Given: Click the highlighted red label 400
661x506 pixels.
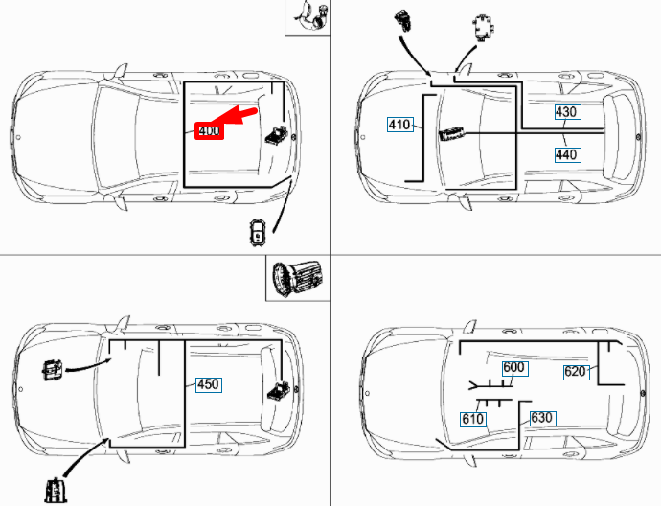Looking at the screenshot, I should pyautogui.click(x=209, y=131).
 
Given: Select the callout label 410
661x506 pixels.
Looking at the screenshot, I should pyautogui.click(x=399, y=124).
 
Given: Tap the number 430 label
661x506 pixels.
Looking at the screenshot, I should pyautogui.click(x=566, y=112).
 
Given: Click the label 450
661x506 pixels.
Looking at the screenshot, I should pyautogui.click(x=208, y=384).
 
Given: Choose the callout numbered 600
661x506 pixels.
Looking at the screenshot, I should pyautogui.click(x=513, y=368).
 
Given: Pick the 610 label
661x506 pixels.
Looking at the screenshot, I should pyautogui.click(x=472, y=419).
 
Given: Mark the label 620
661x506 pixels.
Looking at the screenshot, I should pyautogui.click(x=575, y=372).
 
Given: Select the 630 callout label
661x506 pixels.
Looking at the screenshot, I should pyautogui.click(x=541, y=418).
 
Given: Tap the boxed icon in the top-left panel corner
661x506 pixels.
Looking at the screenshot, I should pyautogui.click(x=309, y=17).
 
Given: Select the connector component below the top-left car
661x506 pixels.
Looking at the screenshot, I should pyautogui.click(x=260, y=232).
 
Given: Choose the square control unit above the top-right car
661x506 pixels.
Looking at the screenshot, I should pyautogui.click(x=482, y=29).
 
